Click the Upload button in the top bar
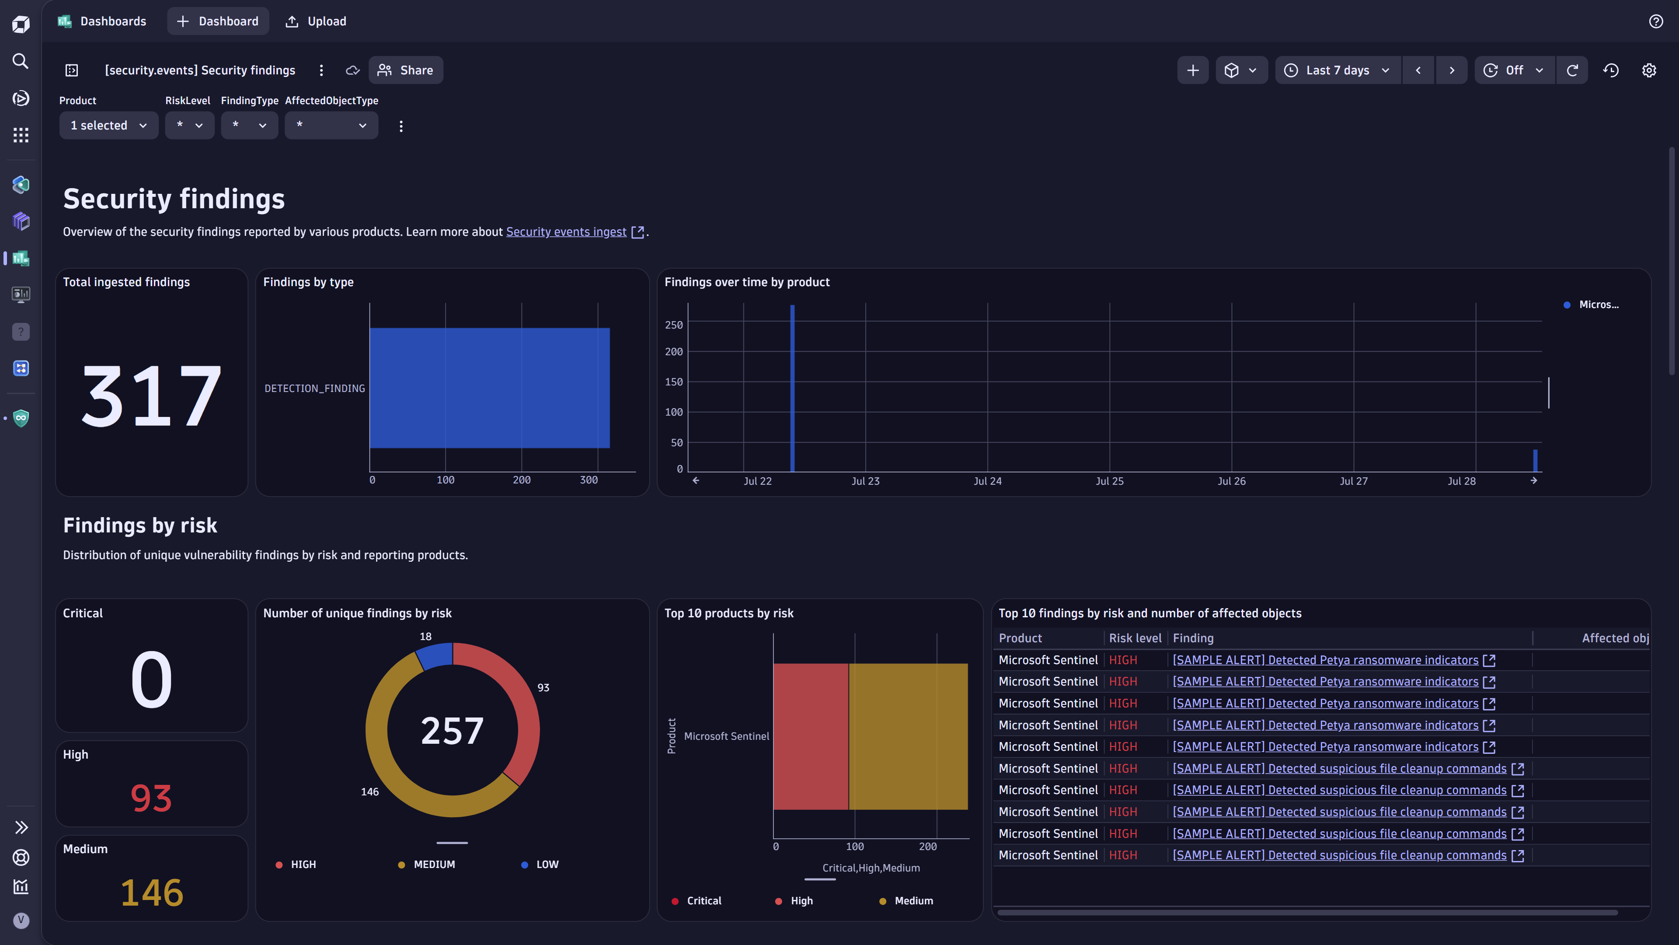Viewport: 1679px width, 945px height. click(x=316, y=21)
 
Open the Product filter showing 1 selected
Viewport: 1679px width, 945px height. click(x=108, y=125)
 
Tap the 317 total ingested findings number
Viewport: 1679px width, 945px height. click(x=151, y=396)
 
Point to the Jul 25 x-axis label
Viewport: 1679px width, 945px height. click(x=1109, y=481)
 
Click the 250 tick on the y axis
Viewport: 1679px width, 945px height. click(x=673, y=325)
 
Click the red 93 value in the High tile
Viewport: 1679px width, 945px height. click(x=151, y=798)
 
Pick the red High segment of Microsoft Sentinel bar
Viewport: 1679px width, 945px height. click(x=810, y=736)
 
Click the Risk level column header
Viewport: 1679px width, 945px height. click(x=1135, y=638)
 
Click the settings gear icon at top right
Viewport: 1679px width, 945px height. click(x=1648, y=70)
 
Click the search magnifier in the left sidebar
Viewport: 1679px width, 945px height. click(x=21, y=61)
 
